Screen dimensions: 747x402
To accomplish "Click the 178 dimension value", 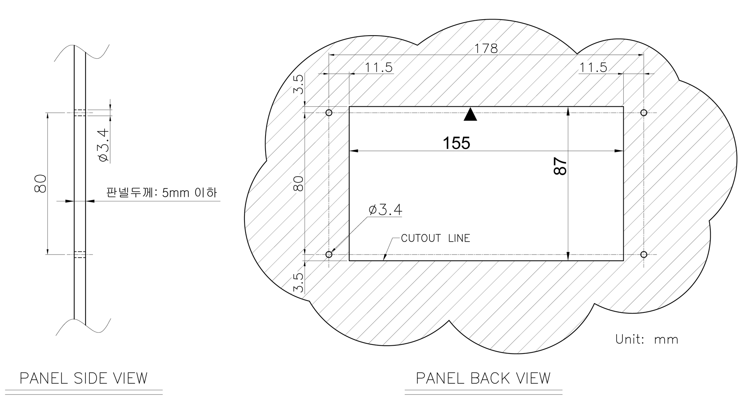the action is (486, 48).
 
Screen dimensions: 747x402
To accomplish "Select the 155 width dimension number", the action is (456, 143).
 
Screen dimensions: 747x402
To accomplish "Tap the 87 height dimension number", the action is (560, 166).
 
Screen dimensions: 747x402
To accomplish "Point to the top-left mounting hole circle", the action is (329, 113).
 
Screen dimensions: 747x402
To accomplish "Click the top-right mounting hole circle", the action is (644, 113).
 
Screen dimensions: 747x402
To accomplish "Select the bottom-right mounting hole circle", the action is (644, 255).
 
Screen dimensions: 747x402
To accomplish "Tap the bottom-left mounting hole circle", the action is (329, 255).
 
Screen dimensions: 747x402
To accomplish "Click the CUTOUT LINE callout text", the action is (435, 238).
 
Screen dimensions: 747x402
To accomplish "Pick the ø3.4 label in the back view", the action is (385, 210).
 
